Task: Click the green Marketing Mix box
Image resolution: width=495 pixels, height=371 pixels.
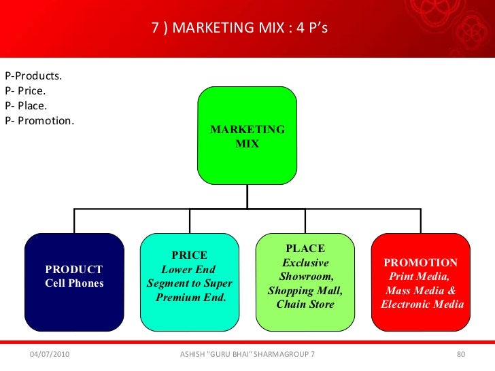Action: [x=247, y=136]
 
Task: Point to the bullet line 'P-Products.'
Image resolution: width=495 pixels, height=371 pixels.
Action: [x=33, y=75]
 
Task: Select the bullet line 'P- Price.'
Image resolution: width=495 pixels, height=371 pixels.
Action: [x=26, y=90]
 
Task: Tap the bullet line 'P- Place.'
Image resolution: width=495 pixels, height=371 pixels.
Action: [x=26, y=106]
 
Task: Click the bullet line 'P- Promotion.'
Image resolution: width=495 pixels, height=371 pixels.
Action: [x=39, y=122]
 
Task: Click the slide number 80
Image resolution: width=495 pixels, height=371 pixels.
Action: [x=460, y=355]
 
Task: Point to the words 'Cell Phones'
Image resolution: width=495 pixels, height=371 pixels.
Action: [x=74, y=283]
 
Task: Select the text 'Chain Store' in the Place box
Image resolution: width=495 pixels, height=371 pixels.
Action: [x=305, y=304]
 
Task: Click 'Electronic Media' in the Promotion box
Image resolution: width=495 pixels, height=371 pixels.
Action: [x=422, y=304]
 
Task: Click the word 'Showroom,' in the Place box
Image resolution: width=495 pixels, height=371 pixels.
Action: [x=306, y=277]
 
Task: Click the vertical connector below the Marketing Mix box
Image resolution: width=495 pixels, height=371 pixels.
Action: [x=247, y=197]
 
